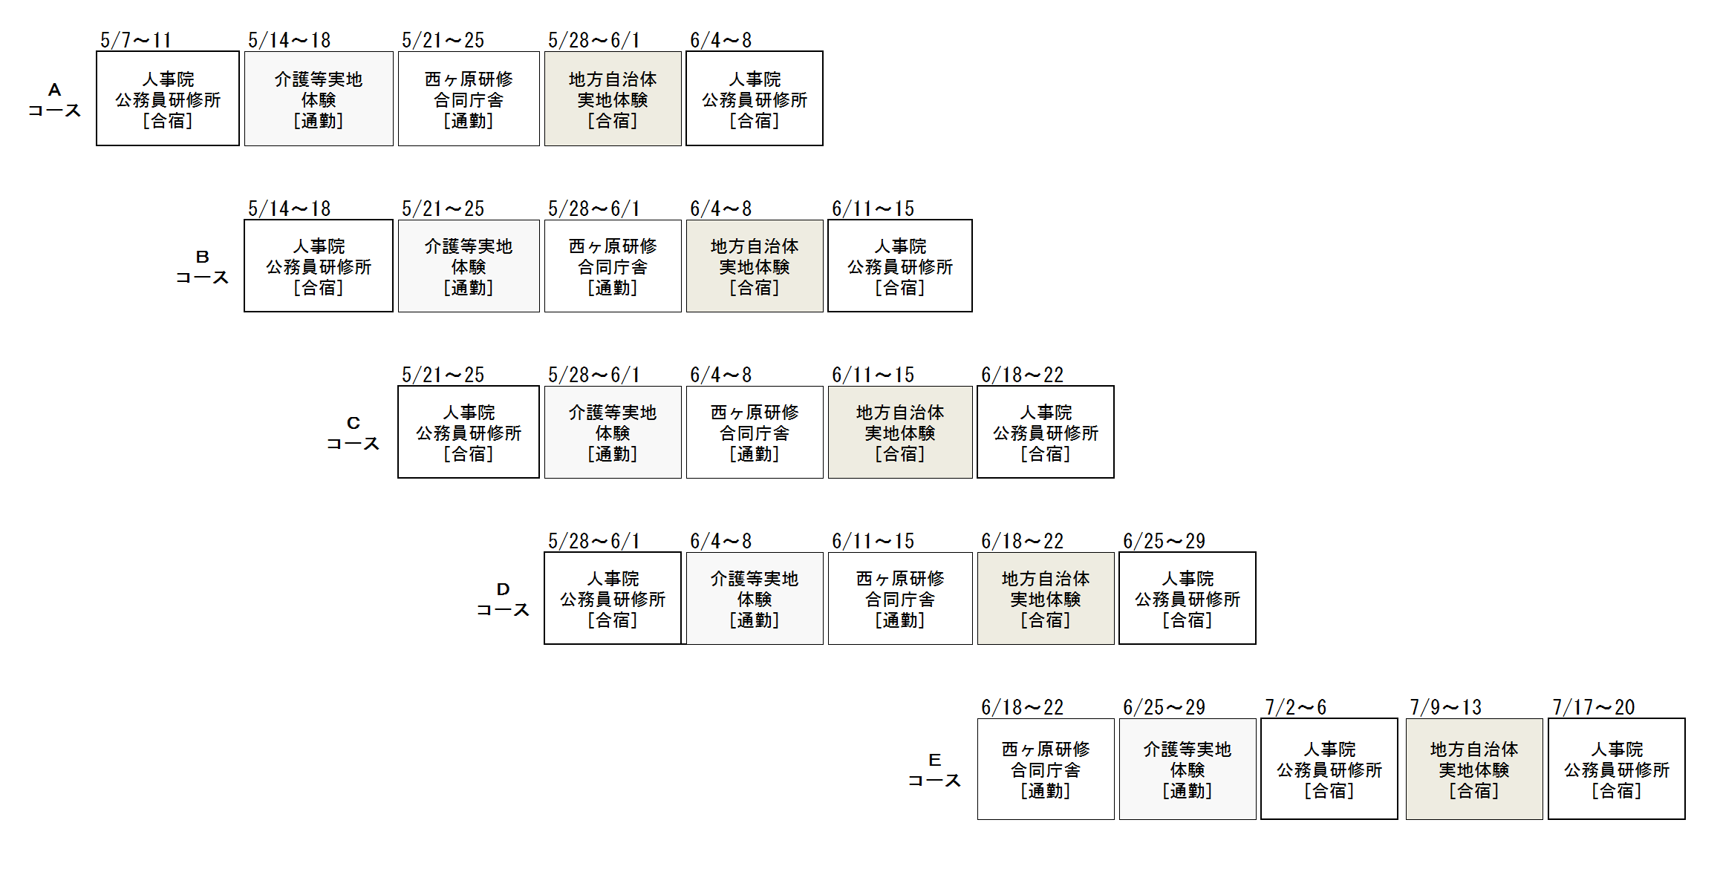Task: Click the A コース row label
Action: [54, 100]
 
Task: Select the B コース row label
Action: [202, 267]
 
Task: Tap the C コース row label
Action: [353, 433]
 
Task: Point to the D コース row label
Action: [503, 600]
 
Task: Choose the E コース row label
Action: [934, 770]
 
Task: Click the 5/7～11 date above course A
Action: [136, 40]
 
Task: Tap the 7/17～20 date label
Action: [1594, 707]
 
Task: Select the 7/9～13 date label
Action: [1445, 707]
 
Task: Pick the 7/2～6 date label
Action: [1296, 707]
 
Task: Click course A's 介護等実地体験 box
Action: [319, 99]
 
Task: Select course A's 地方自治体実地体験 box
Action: [613, 99]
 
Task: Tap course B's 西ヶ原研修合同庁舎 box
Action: [613, 266]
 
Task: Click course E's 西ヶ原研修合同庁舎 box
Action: [1046, 769]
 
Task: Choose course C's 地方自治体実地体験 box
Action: [900, 432]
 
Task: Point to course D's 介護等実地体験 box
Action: [755, 598]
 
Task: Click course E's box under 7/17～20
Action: [1617, 769]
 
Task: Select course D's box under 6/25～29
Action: [1188, 598]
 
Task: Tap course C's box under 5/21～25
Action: [469, 432]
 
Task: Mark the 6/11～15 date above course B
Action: [873, 209]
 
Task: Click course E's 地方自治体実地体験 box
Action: [1474, 769]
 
